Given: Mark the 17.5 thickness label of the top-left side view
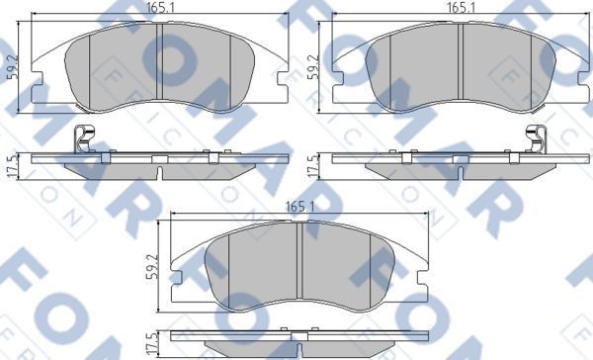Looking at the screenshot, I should click(x=12, y=164).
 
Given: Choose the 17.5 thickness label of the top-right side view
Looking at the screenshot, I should click(x=314, y=164).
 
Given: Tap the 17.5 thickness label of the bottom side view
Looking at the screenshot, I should click(x=151, y=342).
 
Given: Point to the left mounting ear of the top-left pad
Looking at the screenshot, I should click(x=40, y=91).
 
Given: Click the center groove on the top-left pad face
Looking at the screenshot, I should click(x=159, y=61).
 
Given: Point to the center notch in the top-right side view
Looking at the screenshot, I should click(x=462, y=171).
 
